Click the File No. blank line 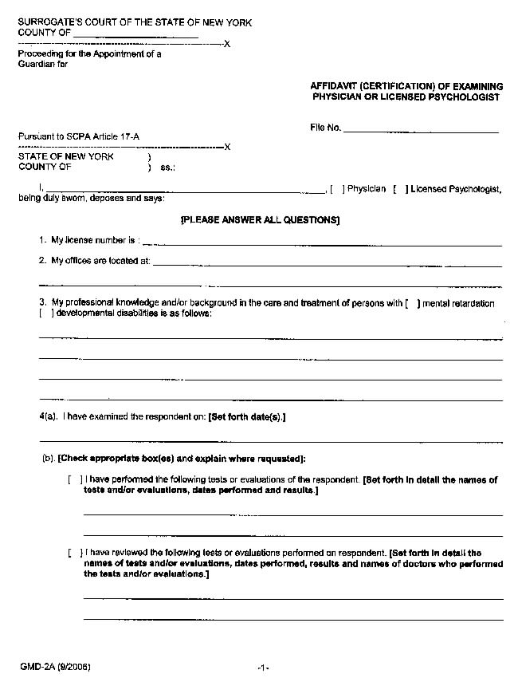pyautogui.click(x=420, y=129)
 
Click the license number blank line pyautogui.click(x=322, y=243)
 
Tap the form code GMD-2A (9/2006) pyautogui.click(x=56, y=666)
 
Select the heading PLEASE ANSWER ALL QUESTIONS pyautogui.click(x=260, y=219)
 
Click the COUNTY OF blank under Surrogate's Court pyautogui.click(x=135, y=36)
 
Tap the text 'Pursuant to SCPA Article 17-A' pyautogui.click(x=79, y=136)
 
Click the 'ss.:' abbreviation pyautogui.click(x=167, y=168)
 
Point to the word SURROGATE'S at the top pyautogui.click(x=49, y=22)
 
